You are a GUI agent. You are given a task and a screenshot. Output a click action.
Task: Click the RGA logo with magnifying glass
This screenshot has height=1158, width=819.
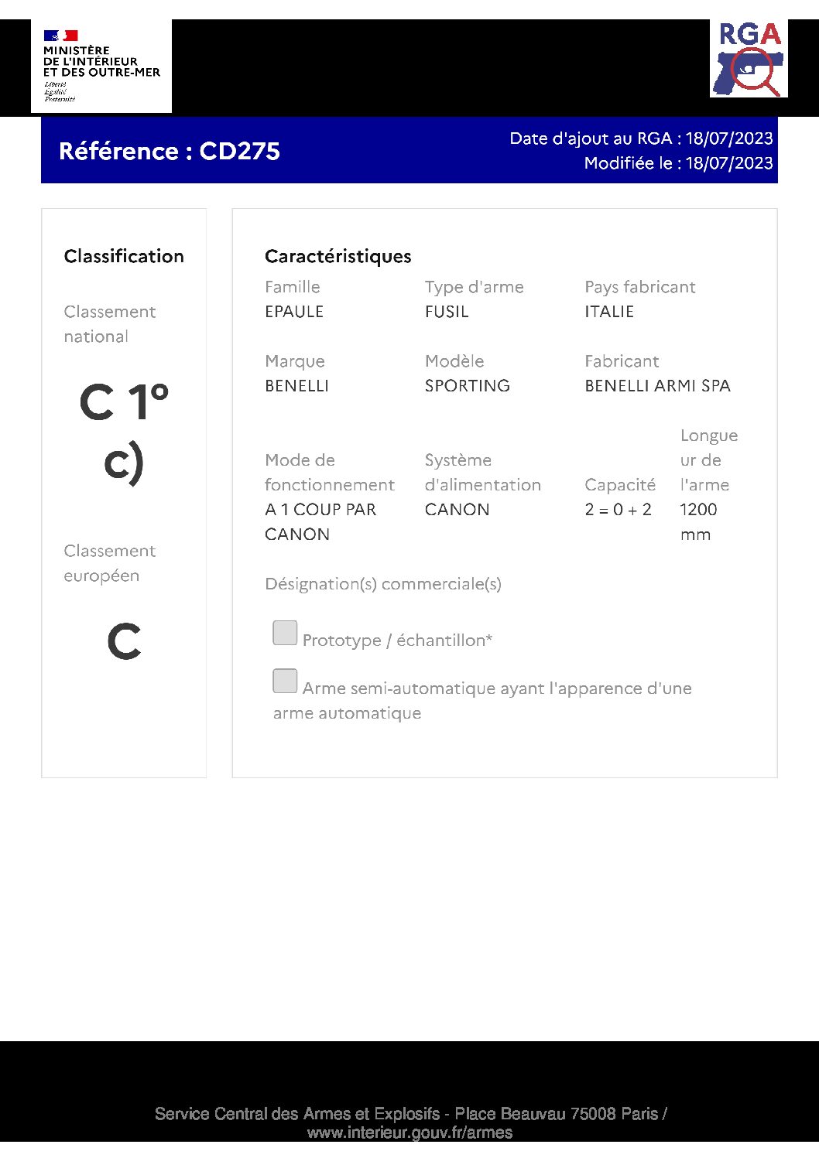749,60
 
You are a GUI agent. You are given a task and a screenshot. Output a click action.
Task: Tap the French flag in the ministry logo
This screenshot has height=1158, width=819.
60,36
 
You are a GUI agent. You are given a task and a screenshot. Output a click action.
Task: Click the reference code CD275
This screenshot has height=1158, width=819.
239,151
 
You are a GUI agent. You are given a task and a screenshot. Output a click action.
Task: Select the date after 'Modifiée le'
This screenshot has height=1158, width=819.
728,163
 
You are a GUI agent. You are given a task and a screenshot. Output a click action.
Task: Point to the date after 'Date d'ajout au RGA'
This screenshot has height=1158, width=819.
728,138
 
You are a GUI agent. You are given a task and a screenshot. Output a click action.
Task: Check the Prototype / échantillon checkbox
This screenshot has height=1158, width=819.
285,633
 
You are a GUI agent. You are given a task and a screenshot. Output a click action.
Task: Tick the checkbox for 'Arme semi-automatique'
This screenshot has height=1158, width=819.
285,681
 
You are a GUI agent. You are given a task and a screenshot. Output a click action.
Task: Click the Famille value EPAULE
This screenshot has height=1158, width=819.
294,312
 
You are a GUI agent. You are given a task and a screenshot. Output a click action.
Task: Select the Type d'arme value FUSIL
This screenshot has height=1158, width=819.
447,312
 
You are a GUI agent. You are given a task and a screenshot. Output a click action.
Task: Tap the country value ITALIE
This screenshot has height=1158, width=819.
609,312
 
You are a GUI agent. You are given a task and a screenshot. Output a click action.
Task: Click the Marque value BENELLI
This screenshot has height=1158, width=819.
296,386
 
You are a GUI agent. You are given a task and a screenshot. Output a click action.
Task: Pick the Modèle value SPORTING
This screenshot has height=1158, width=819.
467,386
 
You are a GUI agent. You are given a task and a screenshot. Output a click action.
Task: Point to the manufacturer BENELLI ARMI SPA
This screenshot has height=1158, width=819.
657,386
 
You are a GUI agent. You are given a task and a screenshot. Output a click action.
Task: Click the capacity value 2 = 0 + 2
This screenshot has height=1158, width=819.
618,510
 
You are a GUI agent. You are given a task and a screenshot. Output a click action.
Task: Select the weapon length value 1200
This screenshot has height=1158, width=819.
698,510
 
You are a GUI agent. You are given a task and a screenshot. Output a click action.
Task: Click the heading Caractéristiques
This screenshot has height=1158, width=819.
338,256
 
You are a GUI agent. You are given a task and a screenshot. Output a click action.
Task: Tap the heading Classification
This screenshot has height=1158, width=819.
124,256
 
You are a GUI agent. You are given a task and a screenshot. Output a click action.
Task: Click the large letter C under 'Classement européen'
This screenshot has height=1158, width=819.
124,641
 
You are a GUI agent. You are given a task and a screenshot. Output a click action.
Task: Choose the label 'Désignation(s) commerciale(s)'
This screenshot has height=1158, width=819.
383,584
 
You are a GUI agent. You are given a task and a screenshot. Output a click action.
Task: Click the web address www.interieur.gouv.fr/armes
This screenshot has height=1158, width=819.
409,1132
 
